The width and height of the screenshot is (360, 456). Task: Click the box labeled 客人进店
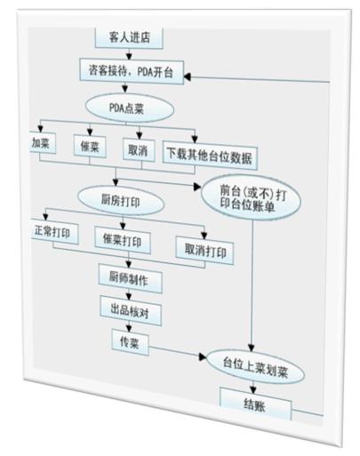(129, 37)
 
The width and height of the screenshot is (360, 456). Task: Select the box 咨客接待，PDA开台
(132, 72)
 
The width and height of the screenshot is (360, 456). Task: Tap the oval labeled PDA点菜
(130, 108)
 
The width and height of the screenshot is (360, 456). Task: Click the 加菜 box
(43, 143)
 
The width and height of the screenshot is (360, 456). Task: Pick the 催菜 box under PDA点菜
(90, 147)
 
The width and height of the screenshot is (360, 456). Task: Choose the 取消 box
(139, 150)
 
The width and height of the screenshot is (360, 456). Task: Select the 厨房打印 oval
(121, 202)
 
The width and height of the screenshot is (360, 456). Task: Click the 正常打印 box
(54, 232)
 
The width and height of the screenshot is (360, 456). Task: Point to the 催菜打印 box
(123, 241)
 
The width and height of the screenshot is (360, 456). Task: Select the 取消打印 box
(204, 251)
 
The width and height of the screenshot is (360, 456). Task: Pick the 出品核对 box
(131, 310)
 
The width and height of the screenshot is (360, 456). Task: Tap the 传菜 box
(131, 342)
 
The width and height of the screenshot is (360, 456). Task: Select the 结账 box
(255, 404)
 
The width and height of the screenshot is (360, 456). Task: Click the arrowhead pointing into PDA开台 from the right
(188, 77)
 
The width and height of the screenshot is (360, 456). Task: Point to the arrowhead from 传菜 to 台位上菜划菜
(203, 356)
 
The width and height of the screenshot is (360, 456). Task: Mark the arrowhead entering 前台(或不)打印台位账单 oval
(197, 187)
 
